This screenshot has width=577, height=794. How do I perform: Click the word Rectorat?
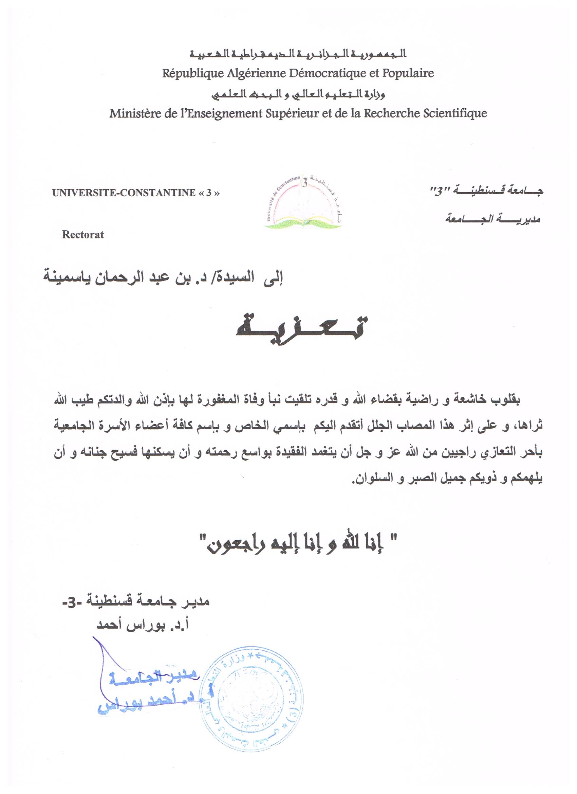(x=83, y=235)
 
